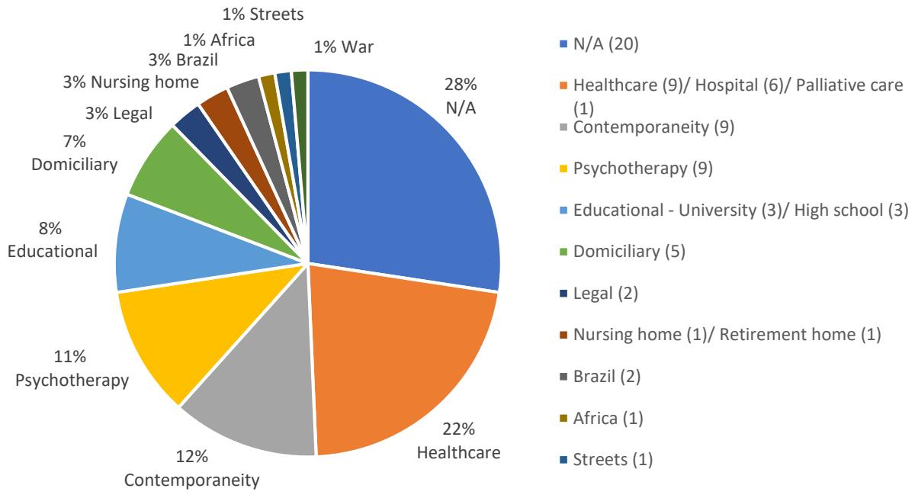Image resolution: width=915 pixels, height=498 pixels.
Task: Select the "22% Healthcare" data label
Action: point(459,442)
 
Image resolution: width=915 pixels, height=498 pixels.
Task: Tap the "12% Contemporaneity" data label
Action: point(193,468)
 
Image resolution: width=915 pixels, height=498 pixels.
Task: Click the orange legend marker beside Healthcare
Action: point(561,87)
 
